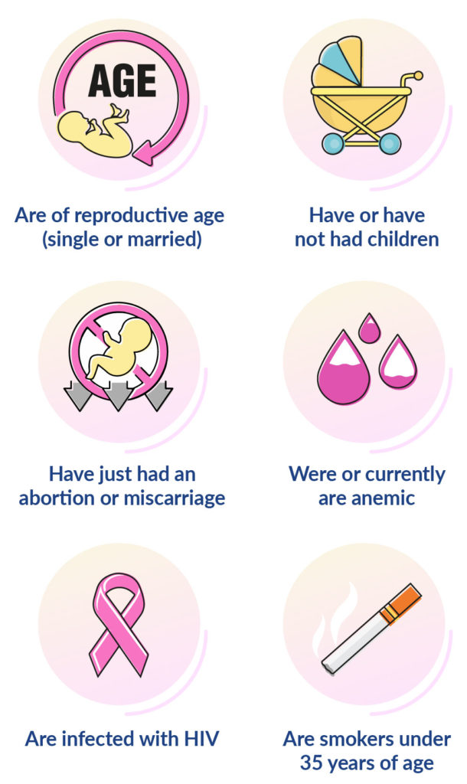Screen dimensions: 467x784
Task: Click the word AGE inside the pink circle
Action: point(122,81)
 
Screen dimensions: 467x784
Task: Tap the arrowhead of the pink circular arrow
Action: point(145,152)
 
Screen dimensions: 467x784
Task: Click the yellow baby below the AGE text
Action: point(96,130)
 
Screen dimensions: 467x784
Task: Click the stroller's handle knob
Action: point(418,76)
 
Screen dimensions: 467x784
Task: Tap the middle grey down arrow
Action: point(118,396)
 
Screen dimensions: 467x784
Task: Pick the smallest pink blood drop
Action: point(370,328)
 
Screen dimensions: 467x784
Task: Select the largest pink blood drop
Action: point(343,368)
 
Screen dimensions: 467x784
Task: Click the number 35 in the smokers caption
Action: point(312,763)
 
